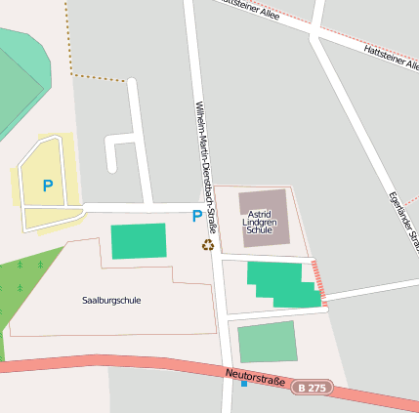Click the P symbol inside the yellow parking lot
47,185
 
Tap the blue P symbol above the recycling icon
197,217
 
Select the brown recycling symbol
207,244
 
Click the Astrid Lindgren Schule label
259,222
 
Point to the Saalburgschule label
111,301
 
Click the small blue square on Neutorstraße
243,383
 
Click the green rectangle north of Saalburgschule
139,241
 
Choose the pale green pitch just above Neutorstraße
267,342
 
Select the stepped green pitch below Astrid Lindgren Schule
283,285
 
